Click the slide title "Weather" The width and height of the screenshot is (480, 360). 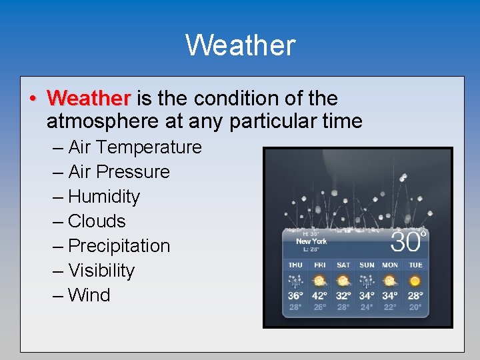[240, 45]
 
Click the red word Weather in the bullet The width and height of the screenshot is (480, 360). [89, 99]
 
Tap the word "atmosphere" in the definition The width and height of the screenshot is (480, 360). [93, 121]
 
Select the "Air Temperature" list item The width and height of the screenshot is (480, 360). [135, 147]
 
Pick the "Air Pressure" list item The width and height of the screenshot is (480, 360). [119, 171]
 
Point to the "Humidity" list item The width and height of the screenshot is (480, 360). [104, 197]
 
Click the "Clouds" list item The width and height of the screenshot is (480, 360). [97, 221]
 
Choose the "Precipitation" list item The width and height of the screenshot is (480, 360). [119, 245]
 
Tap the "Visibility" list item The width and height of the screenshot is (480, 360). [101, 271]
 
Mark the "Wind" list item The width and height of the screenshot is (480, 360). [89, 295]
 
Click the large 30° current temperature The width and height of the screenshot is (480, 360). [407, 241]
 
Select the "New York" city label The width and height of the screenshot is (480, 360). [311, 241]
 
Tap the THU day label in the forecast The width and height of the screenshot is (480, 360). [295, 265]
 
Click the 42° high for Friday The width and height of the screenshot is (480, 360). [319, 296]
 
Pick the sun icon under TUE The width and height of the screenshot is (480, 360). [415, 281]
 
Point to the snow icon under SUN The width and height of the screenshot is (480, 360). [367, 281]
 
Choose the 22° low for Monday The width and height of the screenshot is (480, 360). [390, 307]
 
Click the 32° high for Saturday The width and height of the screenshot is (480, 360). [343, 296]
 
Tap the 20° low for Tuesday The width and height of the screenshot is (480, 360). [415, 307]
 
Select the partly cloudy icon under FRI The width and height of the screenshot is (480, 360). [319, 281]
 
